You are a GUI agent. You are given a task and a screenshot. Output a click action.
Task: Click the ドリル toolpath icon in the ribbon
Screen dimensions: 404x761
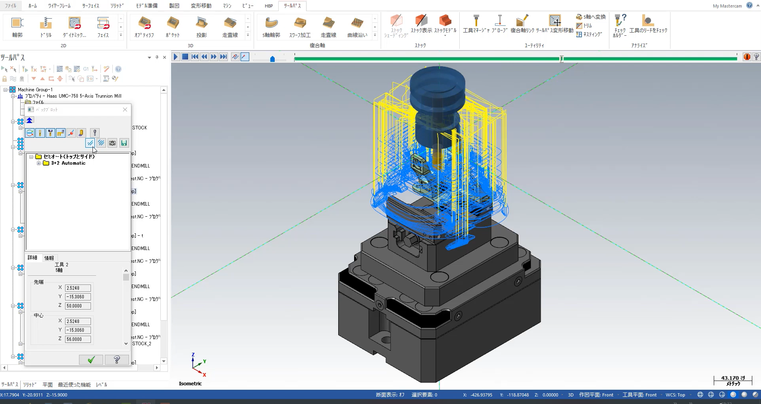[x=46, y=27]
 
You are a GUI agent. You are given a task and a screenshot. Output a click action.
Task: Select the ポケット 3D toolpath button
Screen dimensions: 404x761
[x=173, y=27]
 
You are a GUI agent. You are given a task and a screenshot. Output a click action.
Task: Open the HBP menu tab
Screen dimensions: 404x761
[x=269, y=6]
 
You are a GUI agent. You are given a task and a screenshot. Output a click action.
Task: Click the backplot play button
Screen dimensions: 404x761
[x=175, y=57]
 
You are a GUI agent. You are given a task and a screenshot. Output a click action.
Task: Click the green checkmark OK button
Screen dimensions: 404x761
[x=91, y=360]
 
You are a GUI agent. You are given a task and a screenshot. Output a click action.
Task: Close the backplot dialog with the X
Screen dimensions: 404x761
[x=125, y=110]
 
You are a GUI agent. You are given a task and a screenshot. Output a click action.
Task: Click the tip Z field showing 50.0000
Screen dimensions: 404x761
[x=77, y=306]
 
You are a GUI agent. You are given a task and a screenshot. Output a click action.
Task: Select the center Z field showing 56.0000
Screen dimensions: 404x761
[x=77, y=339]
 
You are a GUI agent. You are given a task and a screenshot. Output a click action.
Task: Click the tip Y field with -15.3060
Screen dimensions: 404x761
[x=77, y=296]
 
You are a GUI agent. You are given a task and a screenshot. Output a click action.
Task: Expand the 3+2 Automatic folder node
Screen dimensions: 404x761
[x=39, y=163]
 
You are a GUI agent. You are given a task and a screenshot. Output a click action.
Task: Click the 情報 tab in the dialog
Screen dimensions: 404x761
[x=49, y=258]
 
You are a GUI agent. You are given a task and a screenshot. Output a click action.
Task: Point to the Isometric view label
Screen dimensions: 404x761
[x=190, y=383]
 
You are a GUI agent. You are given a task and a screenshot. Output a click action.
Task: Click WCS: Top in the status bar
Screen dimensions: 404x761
[x=675, y=395]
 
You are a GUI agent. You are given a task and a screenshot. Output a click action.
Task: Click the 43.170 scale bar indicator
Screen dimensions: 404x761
[x=733, y=380]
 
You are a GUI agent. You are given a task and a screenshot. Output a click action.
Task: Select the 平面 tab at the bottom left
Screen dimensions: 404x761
[x=48, y=385]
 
